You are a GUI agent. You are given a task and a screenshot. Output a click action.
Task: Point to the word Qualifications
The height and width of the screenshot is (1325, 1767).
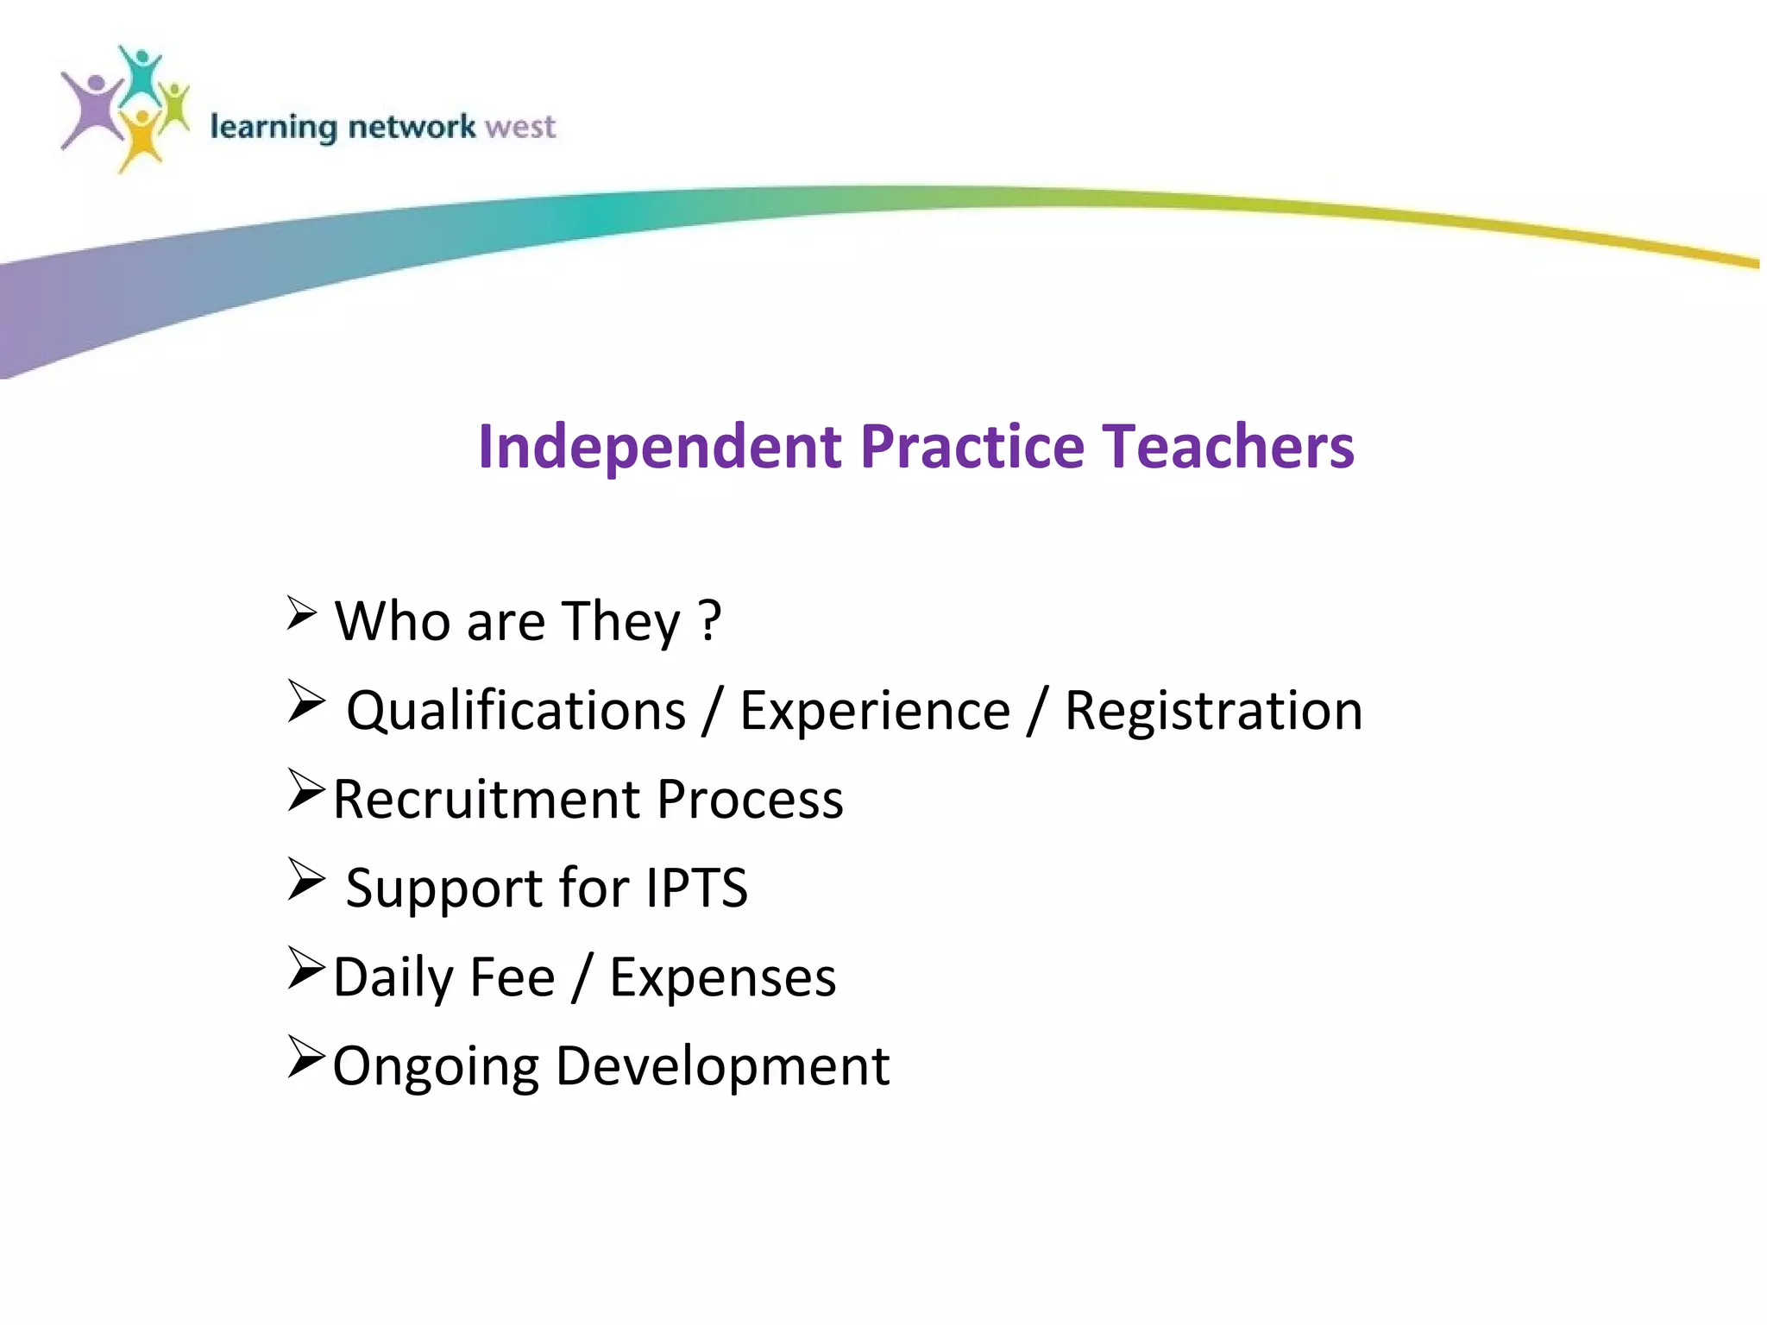pyautogui.click(x=516, y=711)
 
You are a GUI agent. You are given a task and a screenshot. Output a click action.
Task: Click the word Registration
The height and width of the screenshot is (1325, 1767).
pyautogui.click(x=1213, y=711)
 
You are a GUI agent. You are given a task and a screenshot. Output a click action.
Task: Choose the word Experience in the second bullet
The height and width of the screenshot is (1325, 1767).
pyautogui.click(x=875, y=711)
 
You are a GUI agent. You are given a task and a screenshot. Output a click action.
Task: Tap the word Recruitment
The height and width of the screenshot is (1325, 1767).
pyautogui.click(x=486, y=799)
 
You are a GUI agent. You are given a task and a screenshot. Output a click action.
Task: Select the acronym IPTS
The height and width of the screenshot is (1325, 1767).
pyautogui.click(x=696, y=888)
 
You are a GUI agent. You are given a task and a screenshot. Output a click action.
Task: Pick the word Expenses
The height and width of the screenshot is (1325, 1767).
pyautogui.click(x=722, y=977)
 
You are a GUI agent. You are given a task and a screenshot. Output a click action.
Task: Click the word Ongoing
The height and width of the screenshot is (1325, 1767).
pyautogui.click(x=435, y=1067)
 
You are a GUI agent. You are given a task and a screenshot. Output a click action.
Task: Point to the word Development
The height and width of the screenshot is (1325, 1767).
pyautogui.click(x=722, y=1066)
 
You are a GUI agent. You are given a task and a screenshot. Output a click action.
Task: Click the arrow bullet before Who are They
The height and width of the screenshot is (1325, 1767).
pyautogui.click(x=302, y=613)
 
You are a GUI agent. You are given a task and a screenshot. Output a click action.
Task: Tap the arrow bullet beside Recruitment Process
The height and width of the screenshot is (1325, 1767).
pyautogui.click(x=305, y=791)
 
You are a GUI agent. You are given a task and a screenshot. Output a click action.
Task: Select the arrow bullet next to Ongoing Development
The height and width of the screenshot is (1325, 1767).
pyautogui.click(x=305, y=1058)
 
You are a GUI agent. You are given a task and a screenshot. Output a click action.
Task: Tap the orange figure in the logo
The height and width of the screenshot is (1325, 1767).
pyautogui.click(x=140, y=138)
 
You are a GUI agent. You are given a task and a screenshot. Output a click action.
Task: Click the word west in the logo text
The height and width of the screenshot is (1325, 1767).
pyautogui.click(x=520, y=128)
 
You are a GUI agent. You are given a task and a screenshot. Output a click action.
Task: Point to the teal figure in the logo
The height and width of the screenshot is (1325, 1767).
pyautogui.click(x=141, y=73)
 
